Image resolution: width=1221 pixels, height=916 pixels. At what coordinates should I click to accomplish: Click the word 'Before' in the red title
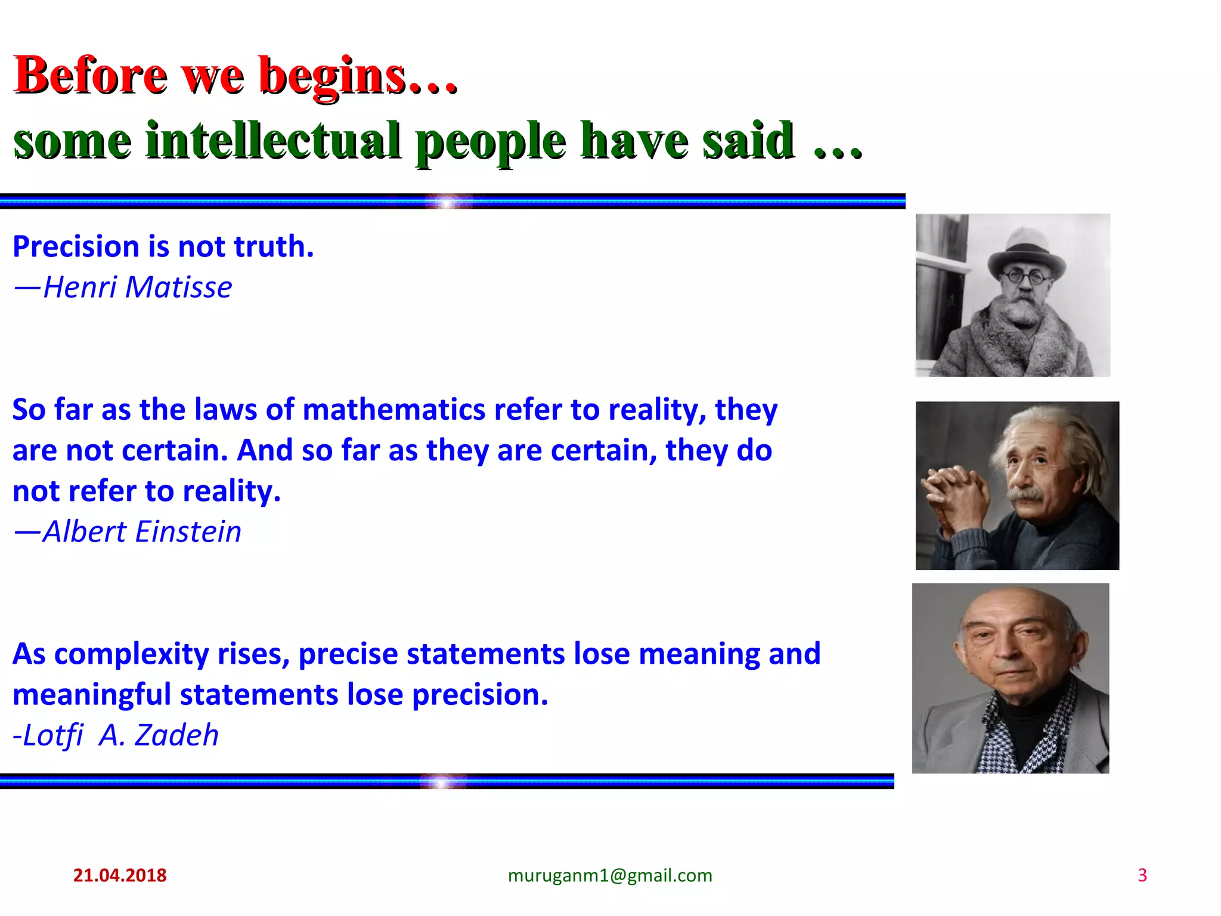[x=90, y=76]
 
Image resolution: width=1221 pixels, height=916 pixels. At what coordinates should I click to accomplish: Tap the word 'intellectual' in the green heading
[x=273, y=141]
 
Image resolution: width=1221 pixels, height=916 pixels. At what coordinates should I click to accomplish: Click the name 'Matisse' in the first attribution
[x=178, y=287]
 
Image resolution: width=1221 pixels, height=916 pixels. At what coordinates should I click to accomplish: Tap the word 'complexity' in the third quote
[x=131, y=655]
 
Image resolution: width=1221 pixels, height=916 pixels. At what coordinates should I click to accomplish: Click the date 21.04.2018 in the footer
[x=119, y=875]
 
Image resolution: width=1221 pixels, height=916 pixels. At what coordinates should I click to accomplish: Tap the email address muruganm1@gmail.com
[x=610, y=875]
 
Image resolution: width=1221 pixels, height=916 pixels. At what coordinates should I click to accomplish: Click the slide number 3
[x=1142, y=875]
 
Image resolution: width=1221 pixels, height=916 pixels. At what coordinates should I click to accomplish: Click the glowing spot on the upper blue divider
[x=447, y=202]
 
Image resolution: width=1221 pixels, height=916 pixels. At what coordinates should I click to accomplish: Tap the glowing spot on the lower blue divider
[x=442, y=781]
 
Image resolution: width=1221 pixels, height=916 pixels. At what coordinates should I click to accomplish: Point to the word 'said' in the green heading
[x=748, y=141]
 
